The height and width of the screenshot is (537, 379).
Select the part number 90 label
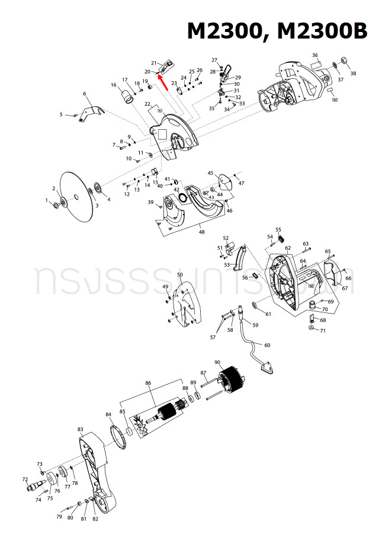click(x=217, y=363)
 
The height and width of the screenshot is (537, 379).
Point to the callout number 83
click(x=81, y=429)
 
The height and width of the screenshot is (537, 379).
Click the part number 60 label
click(x=267, y=346)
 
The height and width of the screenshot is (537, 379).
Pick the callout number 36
click(x=315, y=55)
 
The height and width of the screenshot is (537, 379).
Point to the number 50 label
click(x=180, y=275)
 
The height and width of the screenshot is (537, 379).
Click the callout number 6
click(x=85, y=94)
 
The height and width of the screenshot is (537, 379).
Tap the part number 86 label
click(x=148, y=383)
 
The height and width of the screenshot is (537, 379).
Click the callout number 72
click(x=25, y=479)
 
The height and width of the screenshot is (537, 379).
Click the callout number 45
click(x=210, y=173)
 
